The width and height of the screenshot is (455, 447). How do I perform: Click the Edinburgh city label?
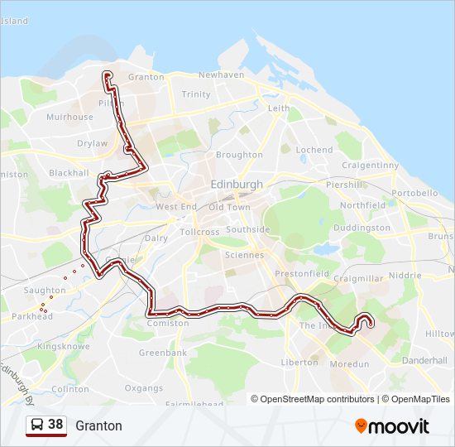tap(237, 185)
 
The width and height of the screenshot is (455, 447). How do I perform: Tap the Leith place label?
tap(279, 108)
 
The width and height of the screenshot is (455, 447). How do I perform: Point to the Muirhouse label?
tap(69, 118)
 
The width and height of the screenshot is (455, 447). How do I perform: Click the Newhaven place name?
tap(221, 74)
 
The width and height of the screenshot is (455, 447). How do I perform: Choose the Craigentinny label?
tap(371, 166)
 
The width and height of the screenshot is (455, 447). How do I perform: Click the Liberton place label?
tap(299, 363)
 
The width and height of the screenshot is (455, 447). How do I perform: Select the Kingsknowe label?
tap(63, 346)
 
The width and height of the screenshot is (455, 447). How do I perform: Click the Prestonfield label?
tap(302, 274)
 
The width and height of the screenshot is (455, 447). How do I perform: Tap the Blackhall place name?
tap(69, 173)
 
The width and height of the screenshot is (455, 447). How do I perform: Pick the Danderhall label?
tap(424, 362)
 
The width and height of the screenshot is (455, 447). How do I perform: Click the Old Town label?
tap(229, 207)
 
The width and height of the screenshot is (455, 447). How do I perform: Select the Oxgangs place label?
tap(143, 388)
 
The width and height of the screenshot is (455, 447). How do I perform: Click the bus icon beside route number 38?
tap(36, 425)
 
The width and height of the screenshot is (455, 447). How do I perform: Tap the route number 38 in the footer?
tap(55, 425)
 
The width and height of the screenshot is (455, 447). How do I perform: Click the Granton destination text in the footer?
tap(98, 426)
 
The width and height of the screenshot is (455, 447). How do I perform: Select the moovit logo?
tap(392, 426)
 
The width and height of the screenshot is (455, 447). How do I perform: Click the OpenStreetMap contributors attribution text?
tap(317, 399)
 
